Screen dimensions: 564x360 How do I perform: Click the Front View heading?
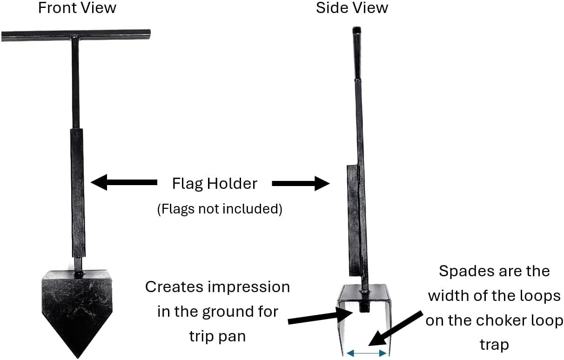pos(77,8)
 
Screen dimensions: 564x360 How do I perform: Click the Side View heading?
pos(352,8)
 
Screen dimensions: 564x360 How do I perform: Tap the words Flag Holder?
pos(215,183)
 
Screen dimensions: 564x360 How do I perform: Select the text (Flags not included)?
pos(220,209)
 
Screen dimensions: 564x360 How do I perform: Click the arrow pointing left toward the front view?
pos(124,182)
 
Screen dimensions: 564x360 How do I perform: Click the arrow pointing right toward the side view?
pos(301,183)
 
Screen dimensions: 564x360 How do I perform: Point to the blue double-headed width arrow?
pos(366,353)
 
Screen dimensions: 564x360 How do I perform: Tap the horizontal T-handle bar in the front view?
pos(76,35)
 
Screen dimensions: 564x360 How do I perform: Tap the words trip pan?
pos(217,337)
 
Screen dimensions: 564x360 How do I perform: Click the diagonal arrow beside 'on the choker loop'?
pos(395,328)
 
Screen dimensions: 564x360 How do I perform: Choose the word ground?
pos(222,312)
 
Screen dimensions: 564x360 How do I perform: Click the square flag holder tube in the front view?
pos(78,193)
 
